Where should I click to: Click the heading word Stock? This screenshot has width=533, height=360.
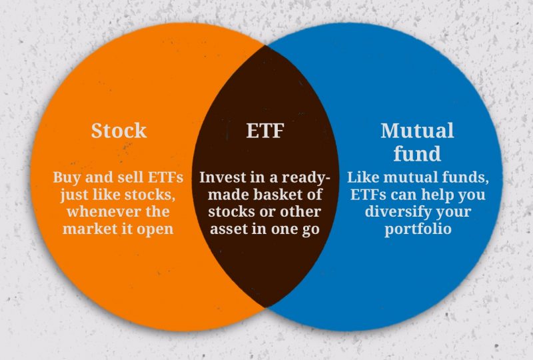(119, 131)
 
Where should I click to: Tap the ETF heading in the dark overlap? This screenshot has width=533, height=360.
(265, 131)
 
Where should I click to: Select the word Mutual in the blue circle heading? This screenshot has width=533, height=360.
(417, 131)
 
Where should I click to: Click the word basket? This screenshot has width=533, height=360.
(278, 194)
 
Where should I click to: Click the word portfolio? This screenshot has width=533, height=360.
(418, 229)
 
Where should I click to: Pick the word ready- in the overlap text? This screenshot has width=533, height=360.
(306, 178)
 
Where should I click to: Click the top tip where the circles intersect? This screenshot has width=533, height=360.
(265, 45)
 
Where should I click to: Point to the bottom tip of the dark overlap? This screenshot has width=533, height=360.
(266, 308)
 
